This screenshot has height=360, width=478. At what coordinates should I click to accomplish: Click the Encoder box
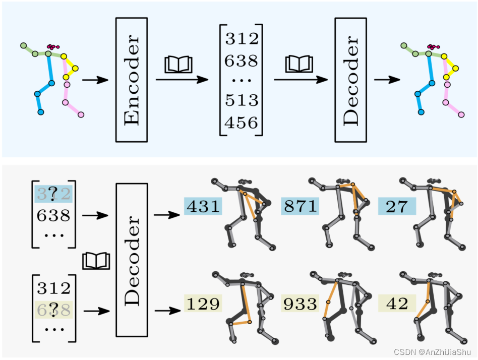pyautogui.click(x=131, y=80)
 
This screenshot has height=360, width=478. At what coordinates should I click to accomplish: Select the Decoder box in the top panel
pyautogui.click(x=351, y=80)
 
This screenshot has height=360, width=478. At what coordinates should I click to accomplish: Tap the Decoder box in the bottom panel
pyautogui.click(x=132, y=260)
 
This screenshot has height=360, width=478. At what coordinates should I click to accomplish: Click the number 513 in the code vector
pyautogui.click(x=241, y=100)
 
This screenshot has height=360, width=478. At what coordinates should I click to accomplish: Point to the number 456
pyautogui.click(x=241, y=123)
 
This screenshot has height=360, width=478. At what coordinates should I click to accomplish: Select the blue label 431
pyautogui.click(x=203, y=206)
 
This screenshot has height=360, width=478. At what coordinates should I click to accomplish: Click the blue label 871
pyautogui.click(x=301, y=206)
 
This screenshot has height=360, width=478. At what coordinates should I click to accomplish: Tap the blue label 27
pyautogui.click(x=397, y=206)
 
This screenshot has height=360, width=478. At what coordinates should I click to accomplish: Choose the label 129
pyautogui.click(x=203, y=304)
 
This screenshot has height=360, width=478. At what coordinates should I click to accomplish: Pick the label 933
pyautogui.click(x=301, y=304)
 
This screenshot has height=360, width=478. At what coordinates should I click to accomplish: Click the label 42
pyautogui.click(x=397, y=304)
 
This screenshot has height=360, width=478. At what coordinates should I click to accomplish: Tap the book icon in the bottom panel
pyautogui.click(x=96, y=261)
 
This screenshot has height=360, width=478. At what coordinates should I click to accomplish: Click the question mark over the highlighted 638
pyautogui.click(x=53, y=308)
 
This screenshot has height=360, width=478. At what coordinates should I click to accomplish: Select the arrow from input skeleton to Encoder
pyautogui.click(x=95, y=80)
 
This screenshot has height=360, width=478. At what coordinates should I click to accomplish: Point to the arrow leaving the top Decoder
pyautogui.click(x=387, y=80)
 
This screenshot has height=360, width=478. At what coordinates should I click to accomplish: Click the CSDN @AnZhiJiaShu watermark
pyautogui.click(x=433, y=352)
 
